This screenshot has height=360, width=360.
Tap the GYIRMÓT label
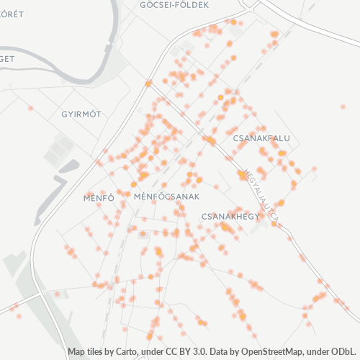(x=81, y=114)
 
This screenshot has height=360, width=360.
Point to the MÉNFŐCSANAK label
(x=166, y=196)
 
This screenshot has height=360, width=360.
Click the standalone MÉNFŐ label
(x=99, y=197)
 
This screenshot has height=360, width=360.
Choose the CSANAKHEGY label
(x=230, y=215)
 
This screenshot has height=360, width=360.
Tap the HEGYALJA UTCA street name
(x=262, y=194)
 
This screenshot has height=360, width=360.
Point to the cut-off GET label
(x=7, y=59)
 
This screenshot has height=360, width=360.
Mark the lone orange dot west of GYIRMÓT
(x=30, y=108)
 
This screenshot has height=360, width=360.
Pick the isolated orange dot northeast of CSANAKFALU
(x=343, y=107)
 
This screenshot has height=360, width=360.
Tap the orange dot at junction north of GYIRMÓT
(x=148, y=84)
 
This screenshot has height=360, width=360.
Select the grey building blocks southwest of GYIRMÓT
(x=58, y=151)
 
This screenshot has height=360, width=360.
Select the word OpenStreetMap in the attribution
(x=272, y=352)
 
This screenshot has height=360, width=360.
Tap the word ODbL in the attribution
(x=343, y=352)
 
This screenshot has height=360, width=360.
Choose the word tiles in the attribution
(x=98, y=352)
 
